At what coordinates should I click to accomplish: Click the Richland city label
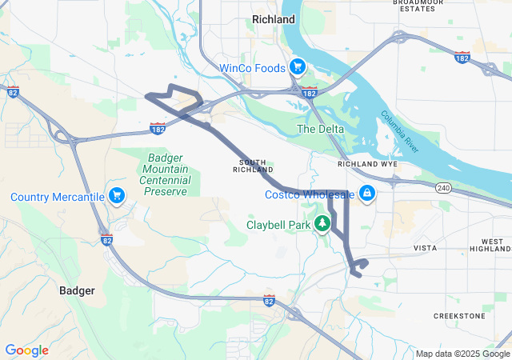(x=273, y=18)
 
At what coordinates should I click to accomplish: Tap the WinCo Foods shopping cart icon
(x=297, y=67)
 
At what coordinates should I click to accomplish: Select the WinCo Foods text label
(x=254, y=68)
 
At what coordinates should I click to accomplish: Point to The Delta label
(x=320, y=129)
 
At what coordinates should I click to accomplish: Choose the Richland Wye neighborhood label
(x=367, y=163)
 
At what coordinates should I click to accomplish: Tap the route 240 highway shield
(x=444, y=188)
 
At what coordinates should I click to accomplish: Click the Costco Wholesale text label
(x=310, y=194)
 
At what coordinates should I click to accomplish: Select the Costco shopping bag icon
(x=366, y=194)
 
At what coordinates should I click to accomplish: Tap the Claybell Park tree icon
(x=323, y=224)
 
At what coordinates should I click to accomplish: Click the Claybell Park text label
(x=278, y=226)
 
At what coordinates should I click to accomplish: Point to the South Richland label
(x=254, y=166)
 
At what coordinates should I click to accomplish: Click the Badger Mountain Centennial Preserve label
(x=166, y=174)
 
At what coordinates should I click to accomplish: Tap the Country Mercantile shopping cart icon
(x=118, y=196)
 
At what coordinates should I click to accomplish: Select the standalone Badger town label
(x=78, y=290)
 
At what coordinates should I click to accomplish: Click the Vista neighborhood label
(x=425, y=249)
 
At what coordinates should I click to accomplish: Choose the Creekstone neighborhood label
(x=459, y=316)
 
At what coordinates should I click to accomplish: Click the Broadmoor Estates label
(x=418, y=6)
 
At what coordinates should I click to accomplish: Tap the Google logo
(x=26, y=350)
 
